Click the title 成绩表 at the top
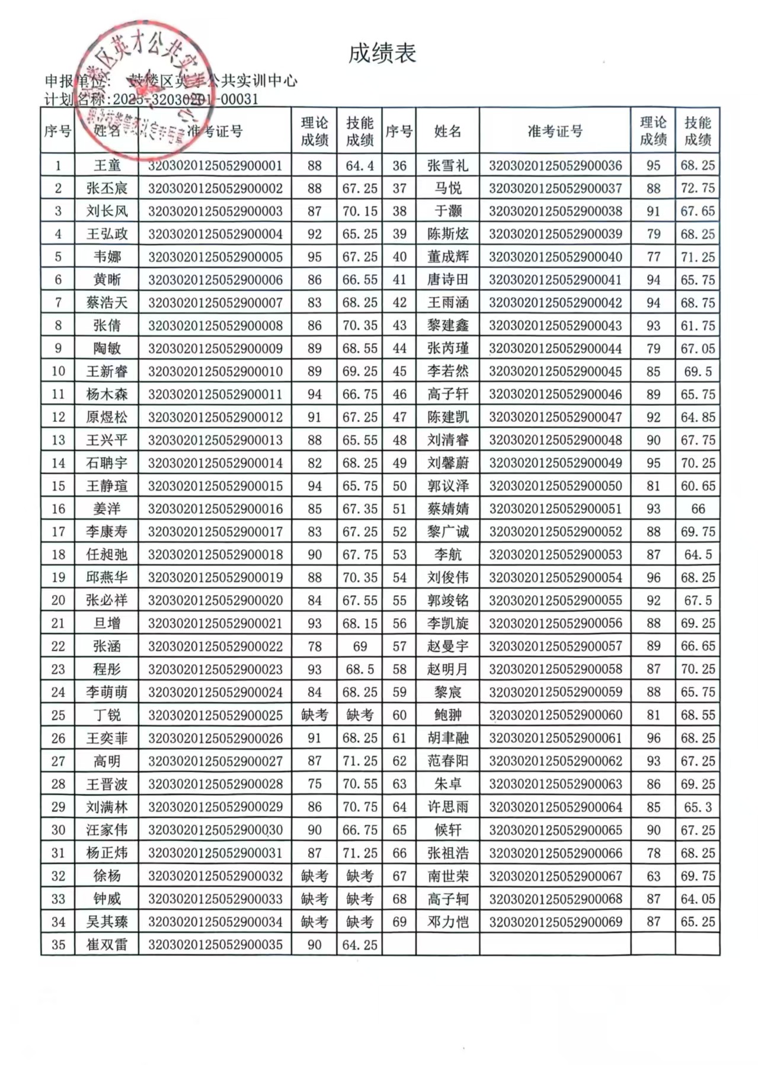coord(382,53)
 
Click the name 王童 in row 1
coord(107,165)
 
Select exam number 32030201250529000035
coord(215,945)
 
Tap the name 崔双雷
coord(107,945)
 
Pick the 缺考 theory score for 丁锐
coord(314,715)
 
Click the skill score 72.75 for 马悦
coord(698,188)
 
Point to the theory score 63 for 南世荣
coord(653,876)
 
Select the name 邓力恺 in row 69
coord(447,922)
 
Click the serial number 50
coord(399,486)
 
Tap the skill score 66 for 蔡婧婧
coord(698,509)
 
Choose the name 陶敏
coord(107,348)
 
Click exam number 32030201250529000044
coord(555,348)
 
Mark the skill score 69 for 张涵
coord(360,647)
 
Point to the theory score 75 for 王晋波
coord(314,784)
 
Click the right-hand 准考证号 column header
coord(555,131)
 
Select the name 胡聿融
coord(447,738)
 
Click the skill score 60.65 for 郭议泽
coord(698,486)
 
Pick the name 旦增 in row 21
coord(107,623)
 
